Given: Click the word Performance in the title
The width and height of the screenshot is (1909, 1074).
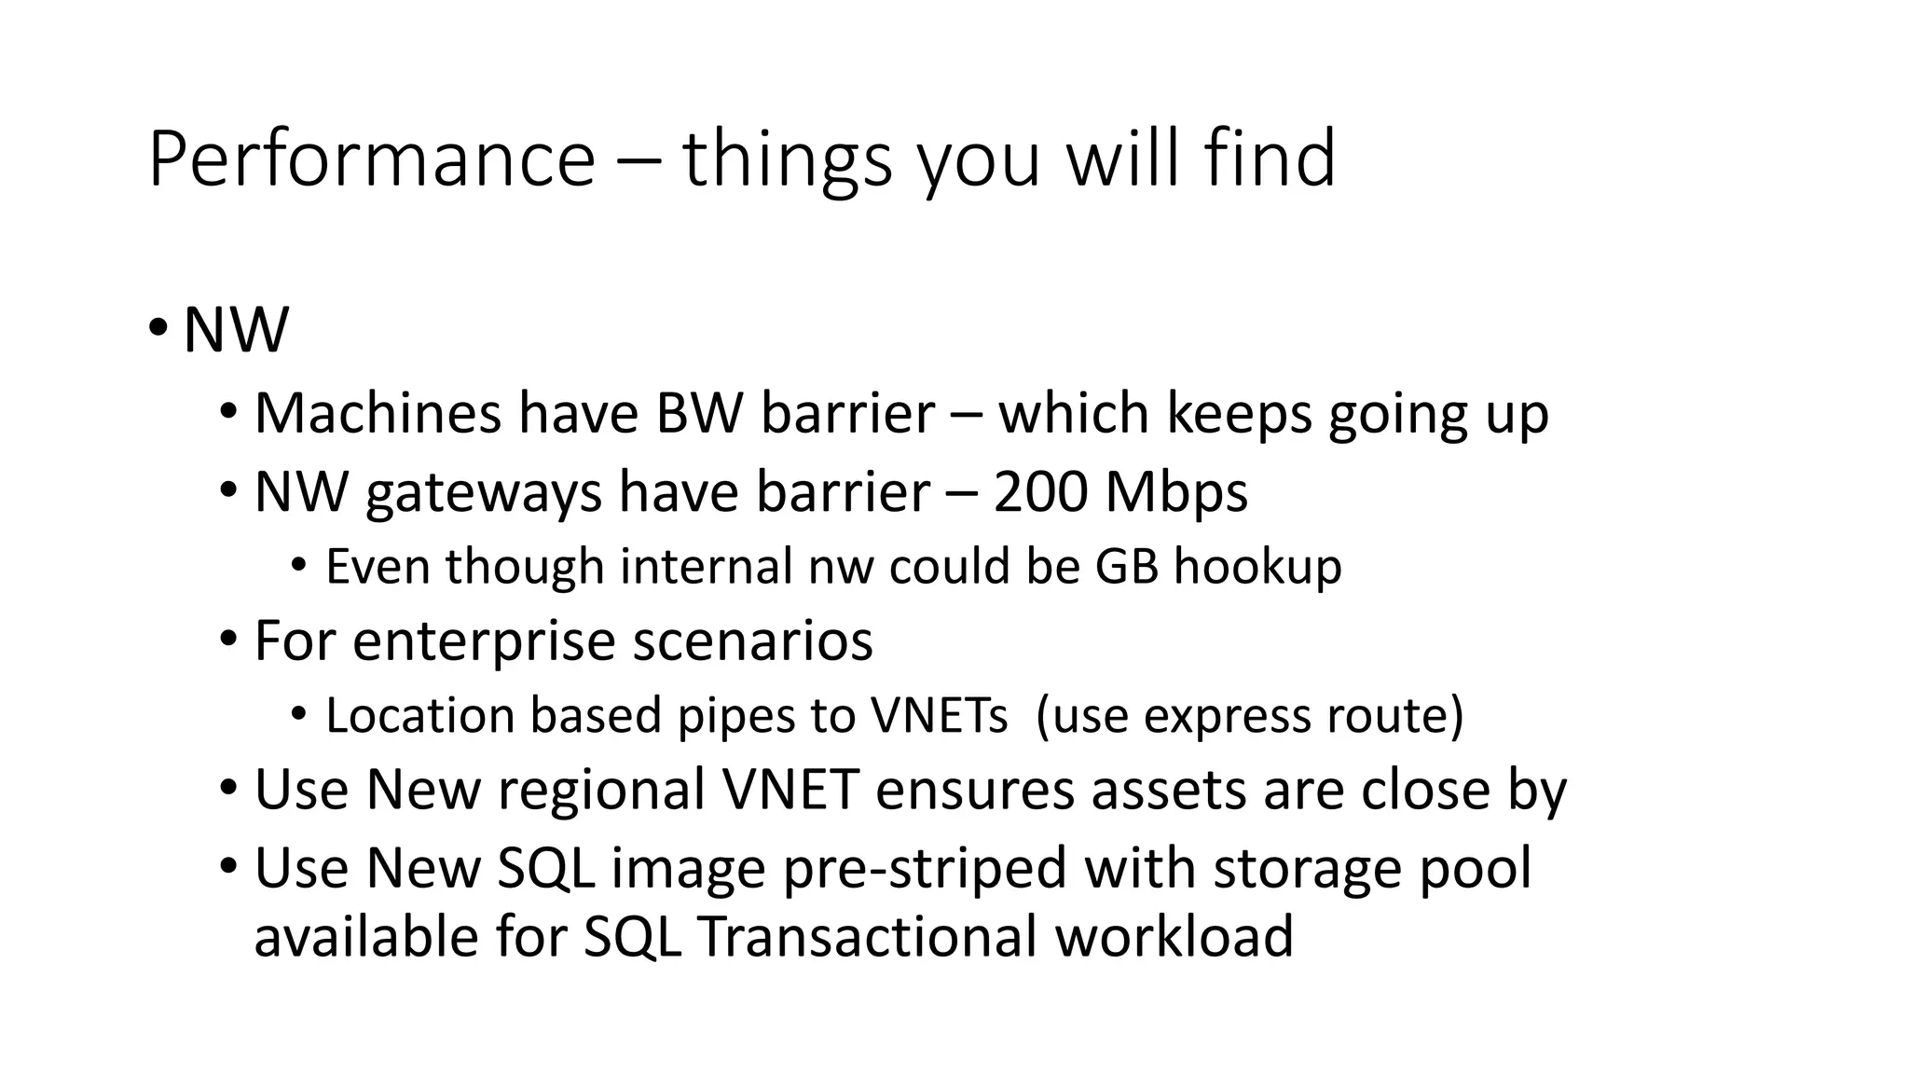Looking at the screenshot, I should [x=371, y=160].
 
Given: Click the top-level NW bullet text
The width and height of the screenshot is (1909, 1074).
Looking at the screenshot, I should [x=236, y=330].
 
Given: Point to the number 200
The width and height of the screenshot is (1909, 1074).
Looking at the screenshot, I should [x=1040, y=492].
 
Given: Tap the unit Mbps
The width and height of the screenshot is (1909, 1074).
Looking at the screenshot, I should [x=1176, y=494].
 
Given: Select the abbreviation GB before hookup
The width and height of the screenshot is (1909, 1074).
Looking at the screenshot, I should [x=1126, y=567].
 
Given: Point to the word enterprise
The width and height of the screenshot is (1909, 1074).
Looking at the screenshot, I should [x=484, y=642].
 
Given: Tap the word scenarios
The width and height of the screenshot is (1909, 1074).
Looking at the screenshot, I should [x=753, y=641].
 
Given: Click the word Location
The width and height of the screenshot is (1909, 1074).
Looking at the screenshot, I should [x=419, y=716].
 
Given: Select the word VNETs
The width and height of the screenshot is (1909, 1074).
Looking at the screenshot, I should [x=939, y=716].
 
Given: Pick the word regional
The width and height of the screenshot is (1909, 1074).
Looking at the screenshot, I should [x=601, y=791].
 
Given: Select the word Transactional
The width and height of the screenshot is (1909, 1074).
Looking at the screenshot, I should [x=867, y=937].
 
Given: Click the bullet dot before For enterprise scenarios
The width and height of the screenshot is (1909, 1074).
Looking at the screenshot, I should [x=228, y=640].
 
